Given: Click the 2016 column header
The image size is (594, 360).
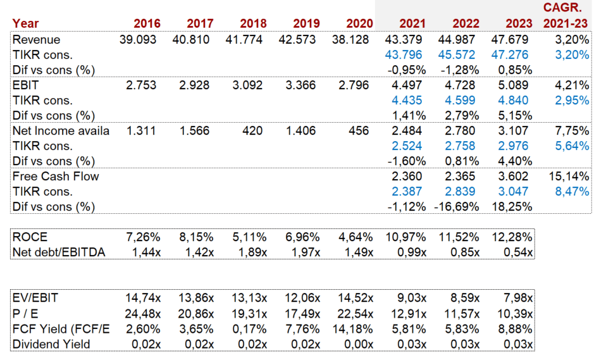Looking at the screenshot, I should coord(147,23).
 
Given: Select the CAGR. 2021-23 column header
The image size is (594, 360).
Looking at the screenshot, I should coord(567,16).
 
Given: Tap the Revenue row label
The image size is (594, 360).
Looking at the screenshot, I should coord(37,40).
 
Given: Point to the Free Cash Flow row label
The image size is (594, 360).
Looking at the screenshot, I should coord(56,177).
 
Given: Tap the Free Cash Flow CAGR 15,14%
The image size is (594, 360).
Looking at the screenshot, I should coord(570,177).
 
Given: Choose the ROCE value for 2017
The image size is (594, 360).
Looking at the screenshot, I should coord(197,237).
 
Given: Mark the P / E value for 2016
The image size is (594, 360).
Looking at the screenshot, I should coord(144,314).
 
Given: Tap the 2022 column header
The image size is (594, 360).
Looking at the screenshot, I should coord(466,23).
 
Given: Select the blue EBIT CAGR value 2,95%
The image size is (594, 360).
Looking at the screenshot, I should coord(572,100).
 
